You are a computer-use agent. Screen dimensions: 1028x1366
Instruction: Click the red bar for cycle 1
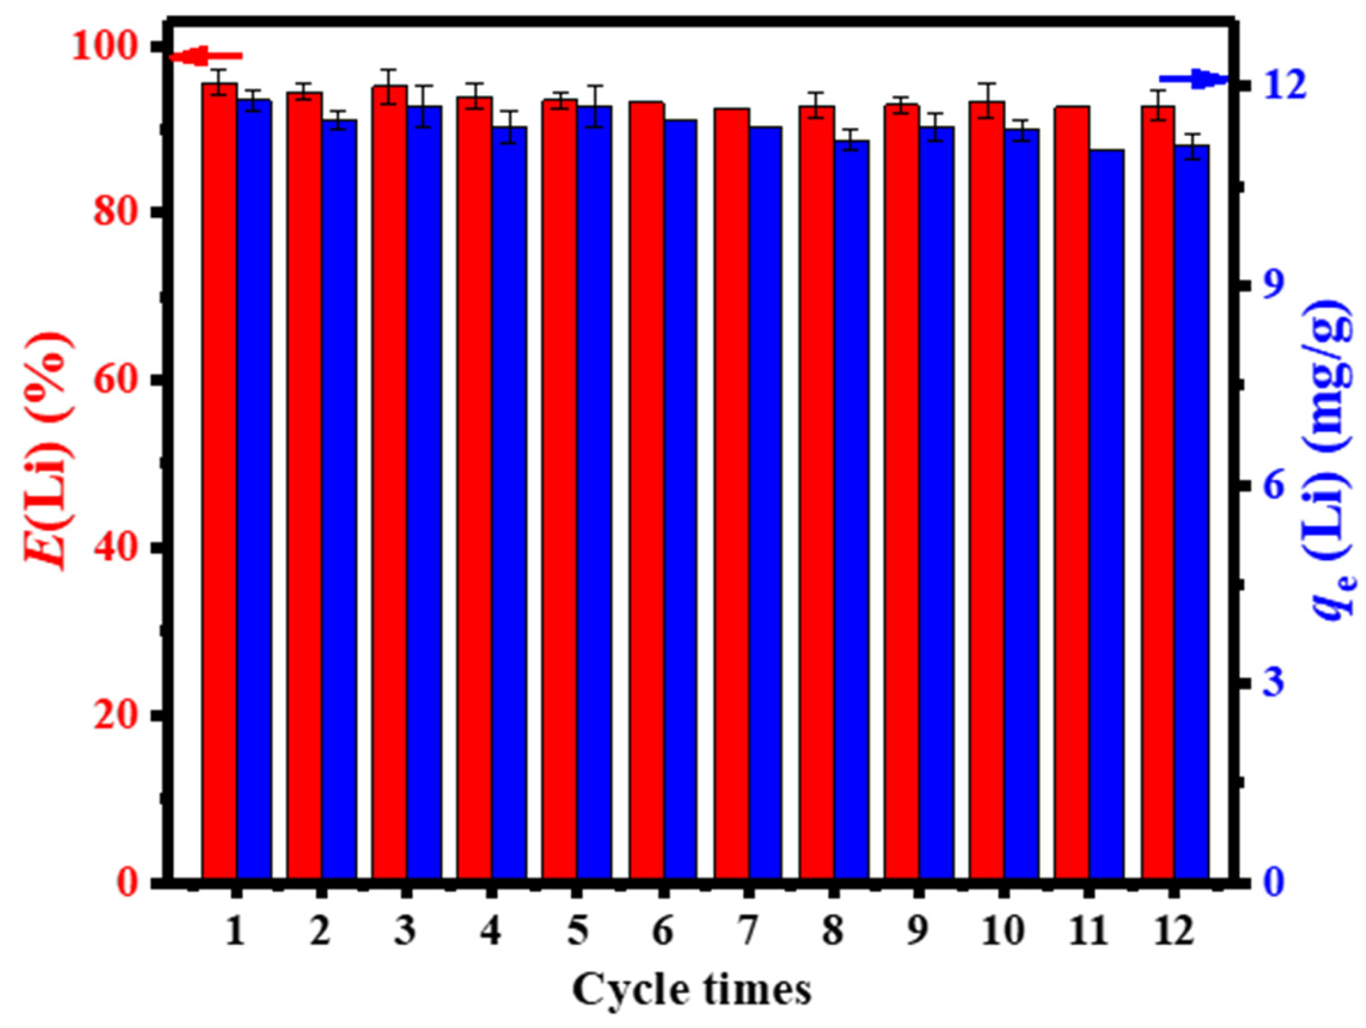pos(220,483)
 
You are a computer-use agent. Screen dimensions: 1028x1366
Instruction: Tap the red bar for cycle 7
pos(732,495)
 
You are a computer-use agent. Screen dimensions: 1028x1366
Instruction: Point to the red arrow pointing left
pos(206,57)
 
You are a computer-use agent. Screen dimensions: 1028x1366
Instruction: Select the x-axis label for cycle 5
pos(577,932)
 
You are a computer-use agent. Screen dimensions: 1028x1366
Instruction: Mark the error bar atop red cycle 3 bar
pos(390,86)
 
